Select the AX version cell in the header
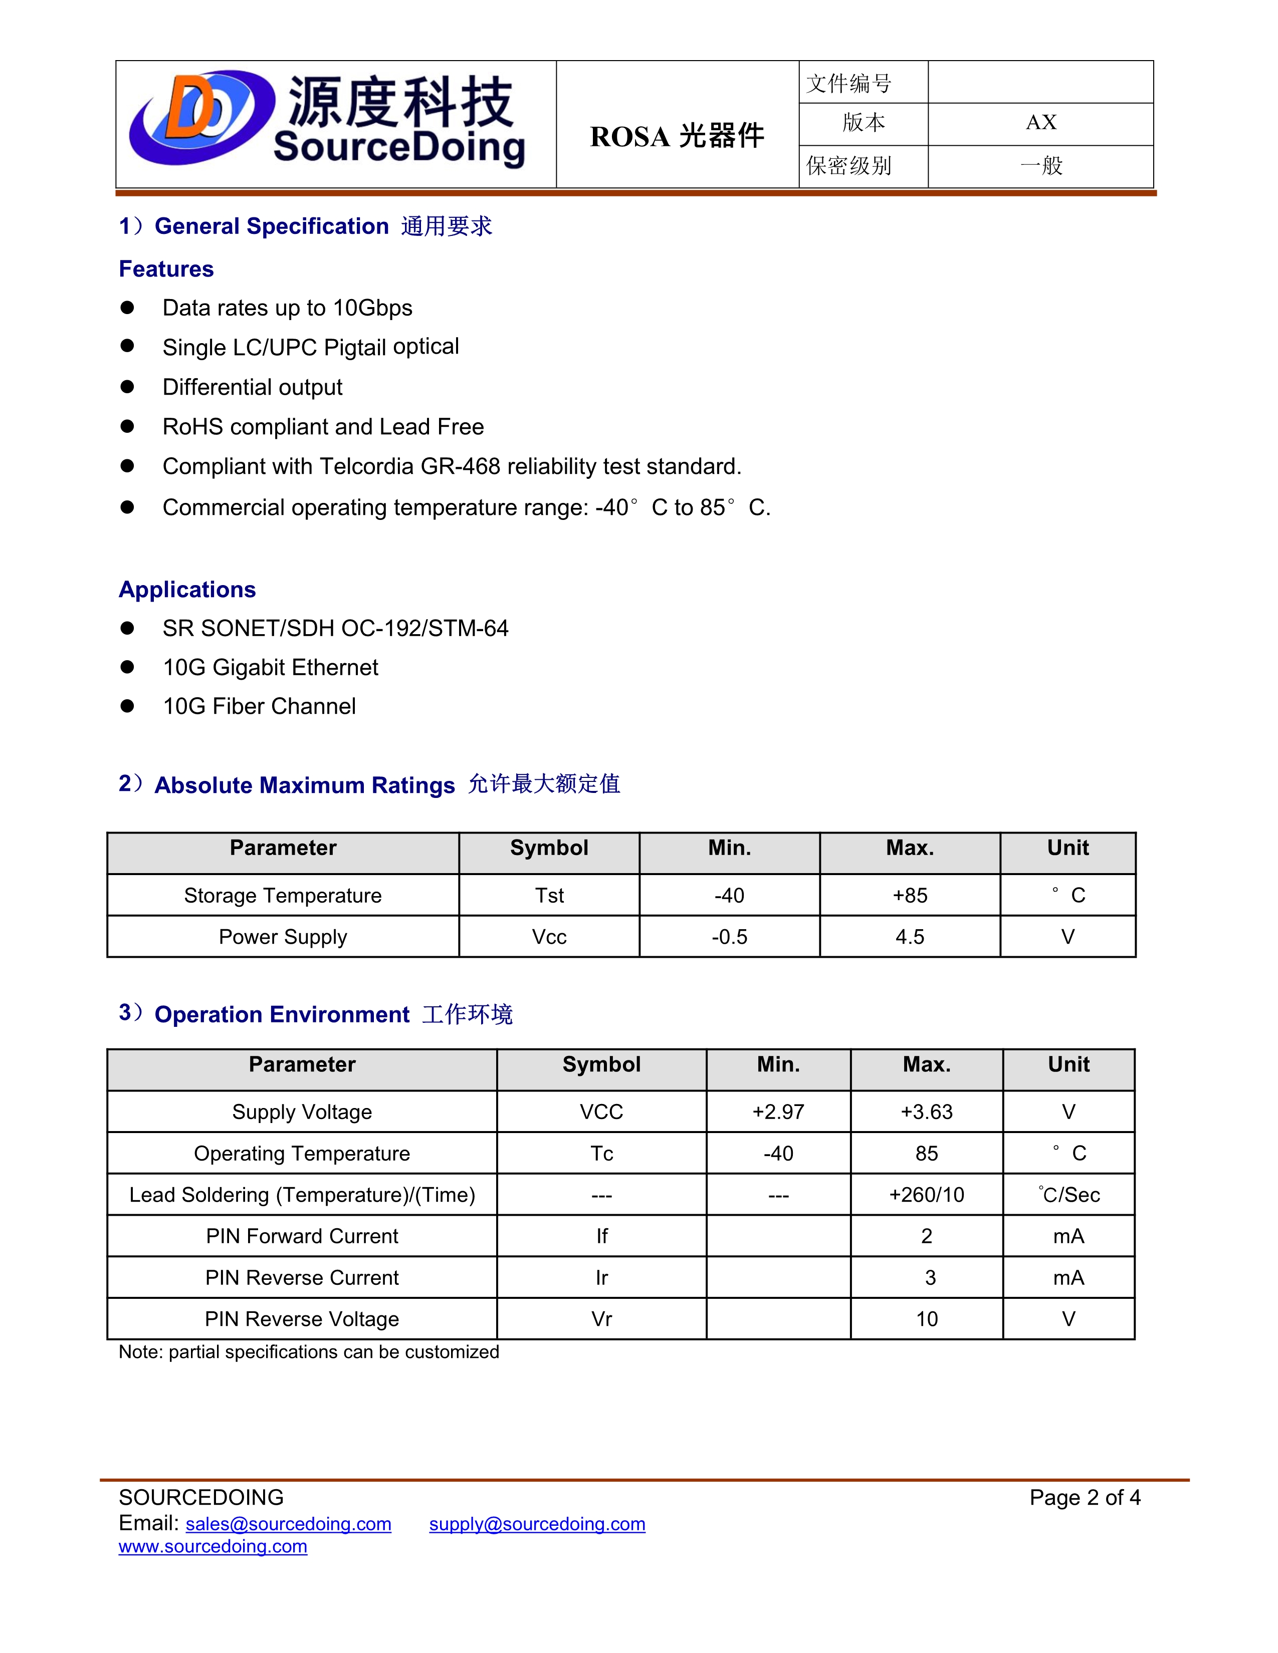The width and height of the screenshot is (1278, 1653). pos(1041,123)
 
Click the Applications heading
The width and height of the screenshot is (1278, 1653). pos(187,589)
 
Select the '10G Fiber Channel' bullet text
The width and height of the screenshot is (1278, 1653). pos(259,706)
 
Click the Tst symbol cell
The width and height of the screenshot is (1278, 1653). pos(549,896)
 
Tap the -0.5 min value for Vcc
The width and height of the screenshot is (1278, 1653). pos(729,937)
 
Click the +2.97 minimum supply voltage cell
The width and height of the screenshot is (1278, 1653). pos(778,1112)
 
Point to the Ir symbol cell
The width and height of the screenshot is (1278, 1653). pos(601,1278)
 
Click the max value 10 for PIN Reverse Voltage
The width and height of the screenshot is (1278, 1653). pos(927,1319)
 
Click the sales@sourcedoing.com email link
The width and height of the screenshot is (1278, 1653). pos(289,1524)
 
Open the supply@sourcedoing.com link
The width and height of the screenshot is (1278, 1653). pos(537,1524)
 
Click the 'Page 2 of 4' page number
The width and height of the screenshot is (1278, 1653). pos(1084,1497)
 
